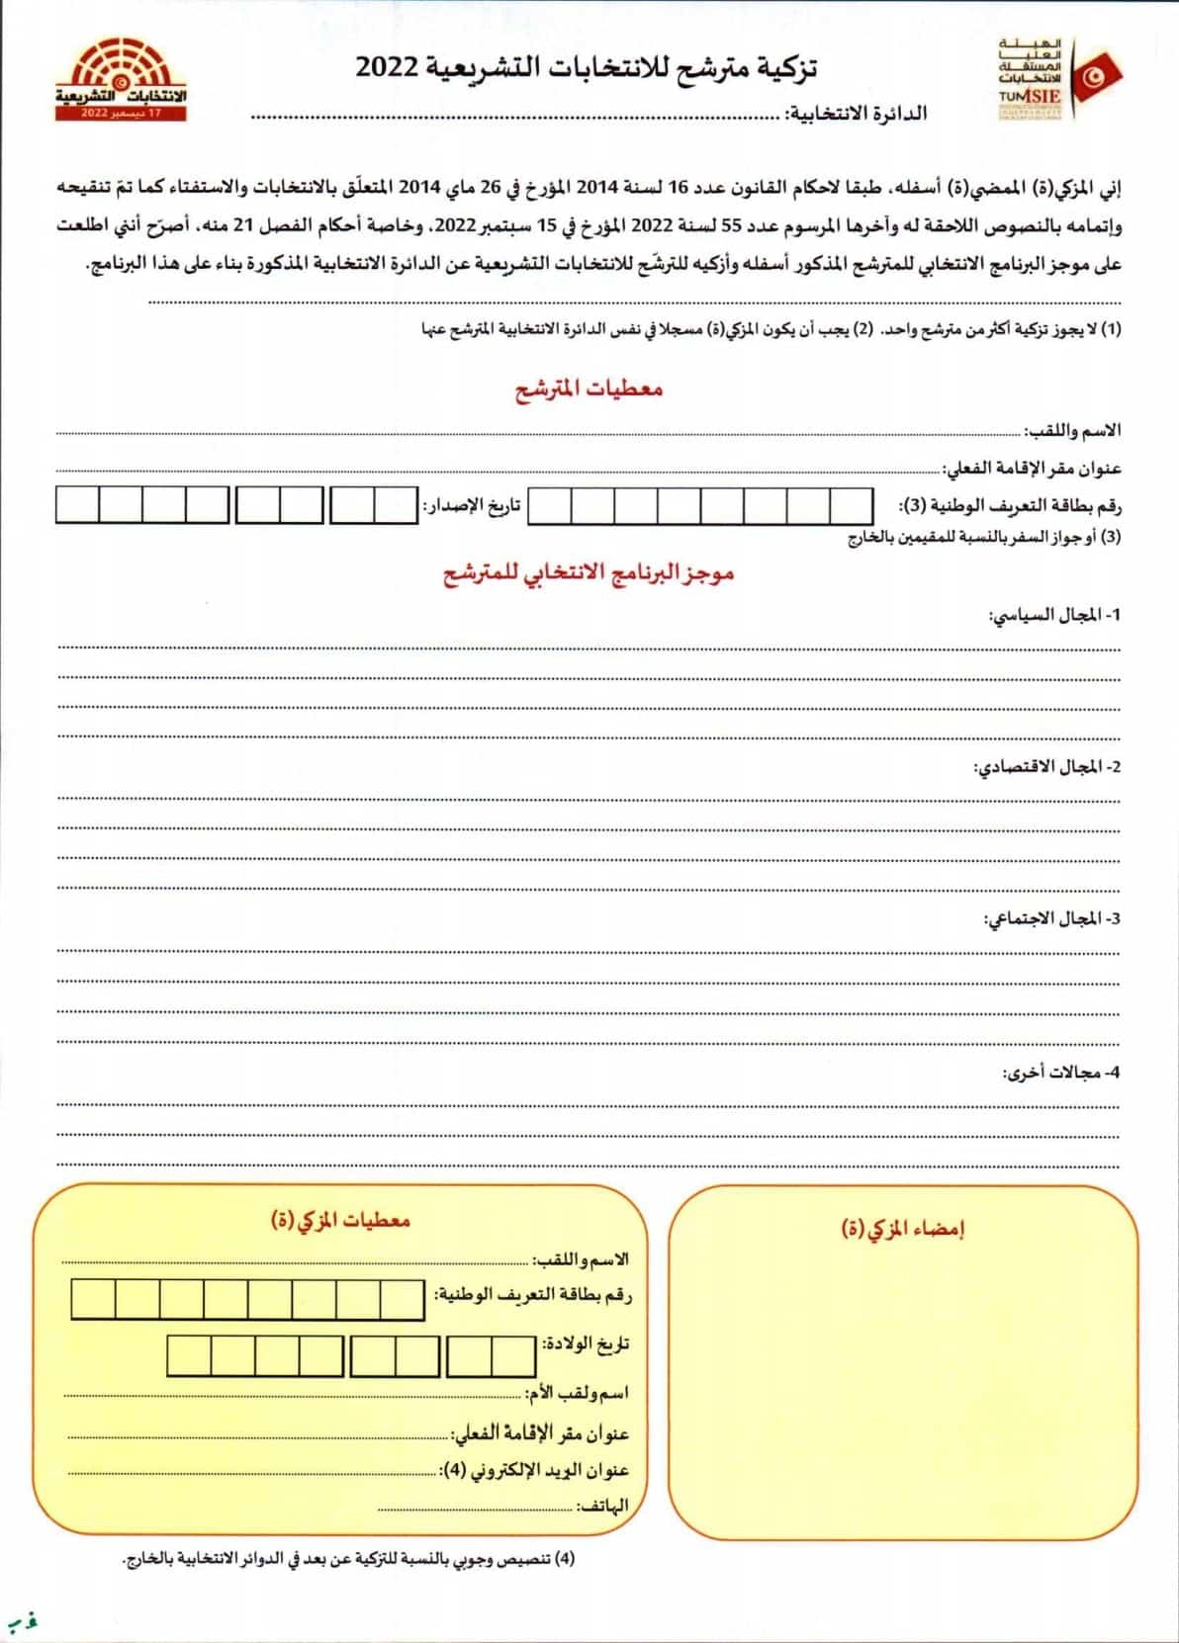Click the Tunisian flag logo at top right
[1099, 74]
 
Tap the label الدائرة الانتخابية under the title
[857, 114]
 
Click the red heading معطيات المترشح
[589, 389]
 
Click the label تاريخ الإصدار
[472, 506]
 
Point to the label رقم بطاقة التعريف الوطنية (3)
[1010, 506]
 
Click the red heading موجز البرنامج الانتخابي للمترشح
[589, 573]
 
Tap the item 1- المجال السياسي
[1054, 615]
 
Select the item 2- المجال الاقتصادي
[1047, 767]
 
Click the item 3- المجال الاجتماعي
[1051, 919]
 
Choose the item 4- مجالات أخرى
[1061, 1072]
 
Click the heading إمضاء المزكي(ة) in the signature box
[902, 1228]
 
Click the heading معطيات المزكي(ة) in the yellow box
[340, 1220]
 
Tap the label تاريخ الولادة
[586, 1344]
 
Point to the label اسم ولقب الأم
[578, 1393]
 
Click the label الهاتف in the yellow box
[604, 1506]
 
